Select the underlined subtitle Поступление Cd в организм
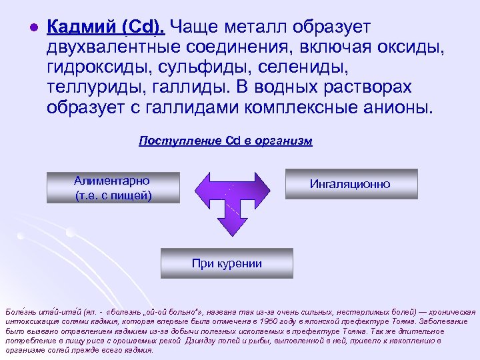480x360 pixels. (x=225, y=141)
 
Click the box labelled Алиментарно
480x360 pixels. (x=113, y=188)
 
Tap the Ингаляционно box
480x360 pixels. (x=351, y=184)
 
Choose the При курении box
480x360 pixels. (x=227, y=263)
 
